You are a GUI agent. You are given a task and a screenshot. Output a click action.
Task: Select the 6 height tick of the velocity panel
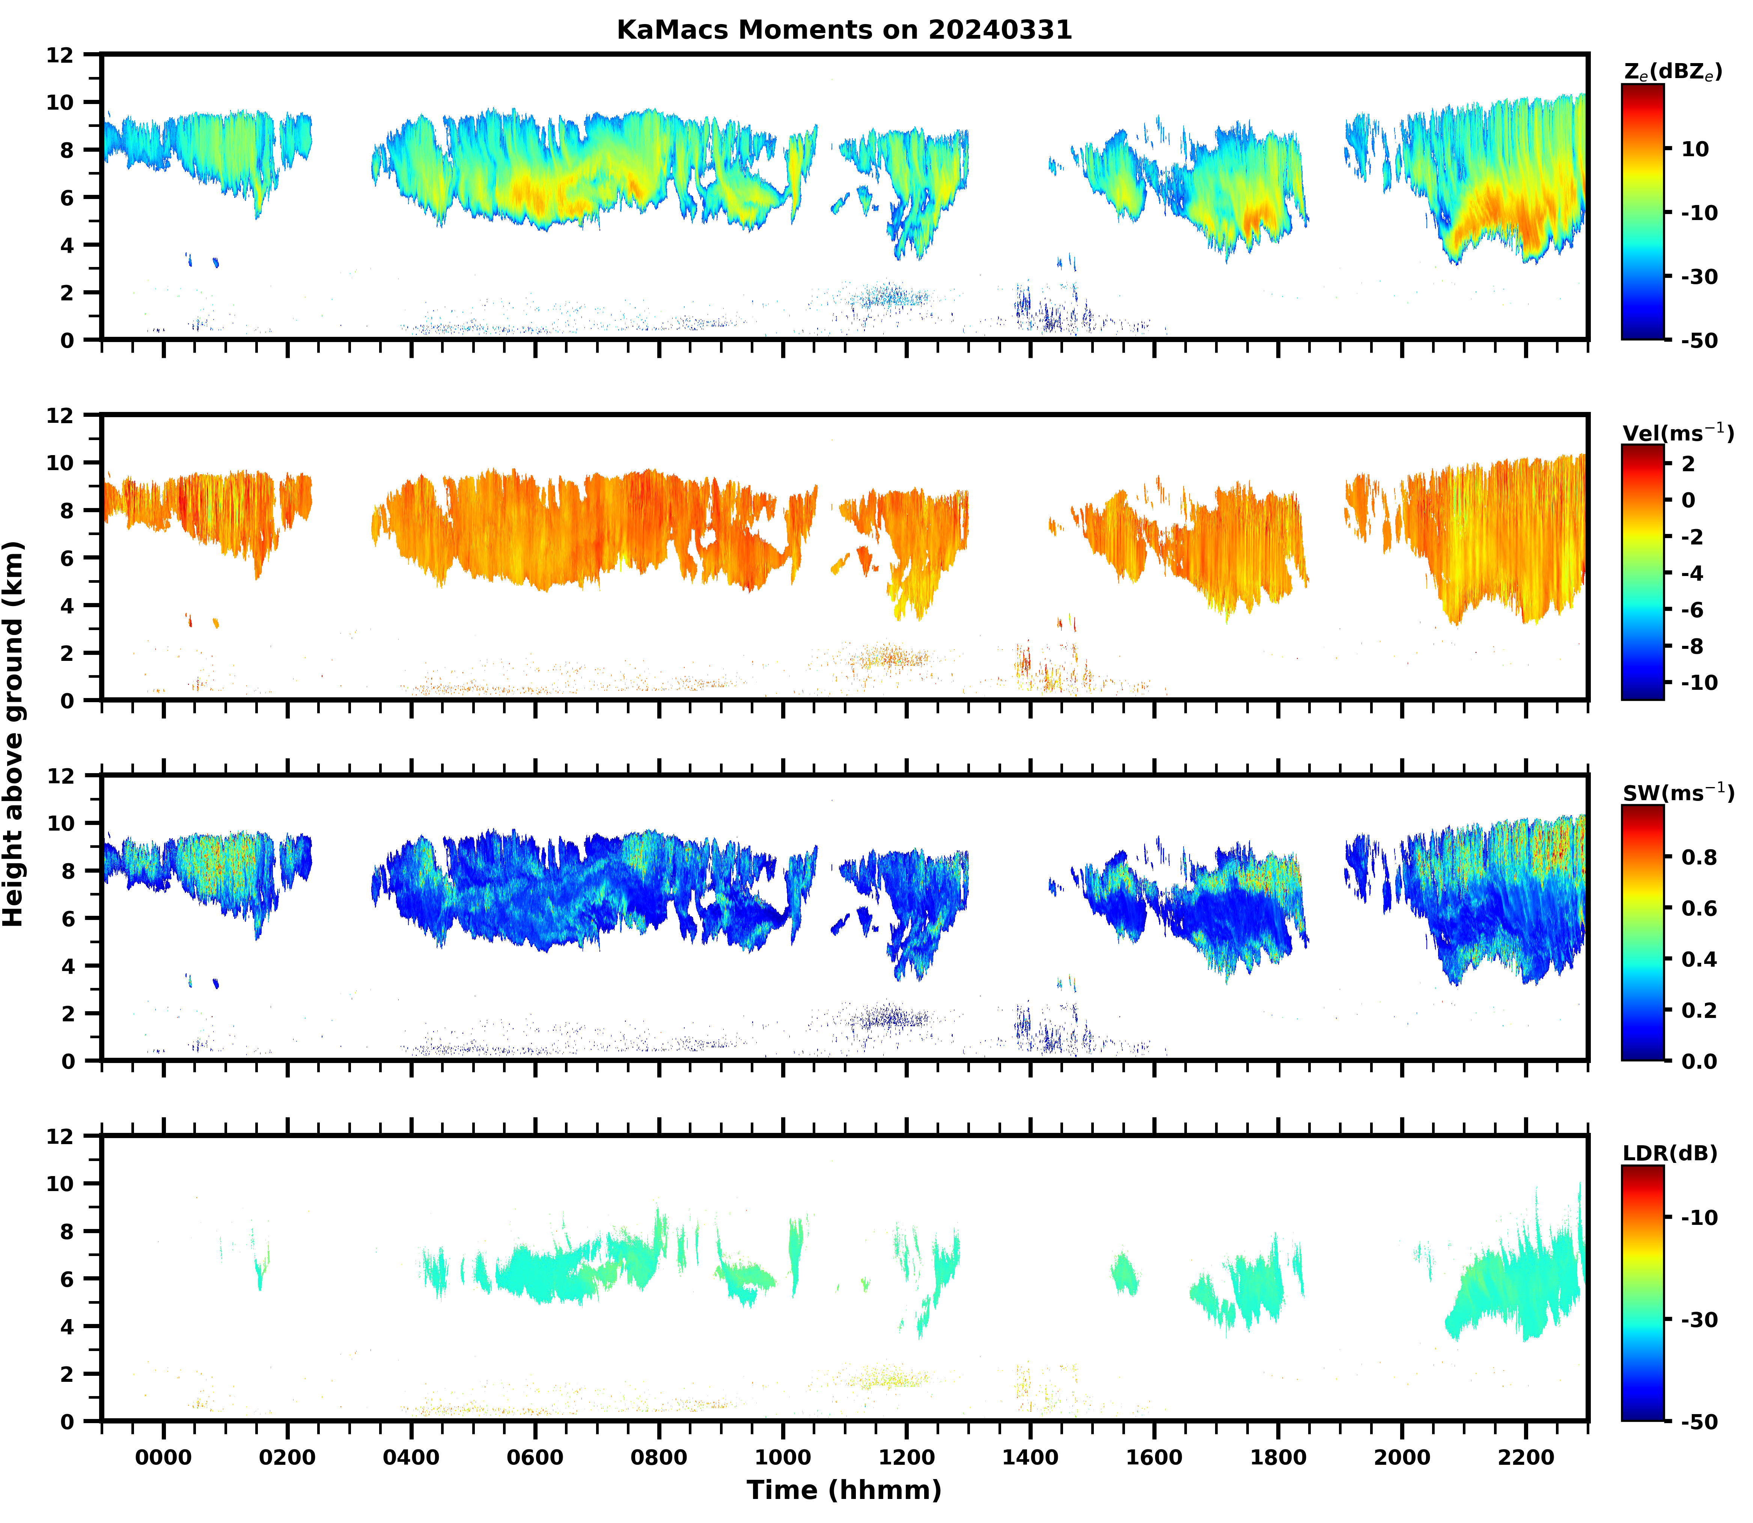(x=68, y=558)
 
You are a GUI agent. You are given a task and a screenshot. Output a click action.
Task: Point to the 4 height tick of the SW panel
(x=68, y=965)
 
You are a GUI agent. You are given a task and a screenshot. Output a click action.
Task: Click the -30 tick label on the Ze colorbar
(x=1699, y=276)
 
